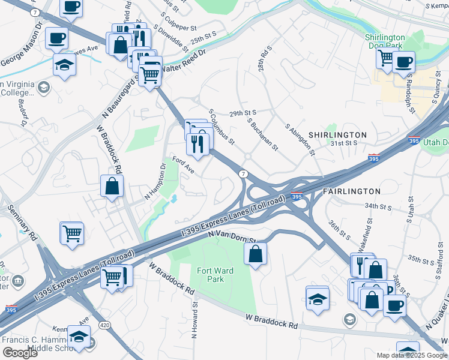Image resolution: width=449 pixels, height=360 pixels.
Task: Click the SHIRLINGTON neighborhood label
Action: (x=337, y=135)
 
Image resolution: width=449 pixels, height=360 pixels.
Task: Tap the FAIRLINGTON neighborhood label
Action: (x=351, y=191)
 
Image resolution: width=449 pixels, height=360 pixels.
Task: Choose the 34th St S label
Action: (x=378, y=206)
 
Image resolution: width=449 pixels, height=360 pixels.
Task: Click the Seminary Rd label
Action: (x=21, y=222)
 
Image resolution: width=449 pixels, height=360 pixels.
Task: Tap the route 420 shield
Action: (x=104, y=325)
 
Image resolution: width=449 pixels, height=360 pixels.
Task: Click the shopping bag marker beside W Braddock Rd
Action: (x=112, y=186)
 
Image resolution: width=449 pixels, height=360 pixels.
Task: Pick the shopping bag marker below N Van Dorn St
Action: (x=255, y=253)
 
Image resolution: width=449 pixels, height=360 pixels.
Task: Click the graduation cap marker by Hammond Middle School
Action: (x=79, y=337)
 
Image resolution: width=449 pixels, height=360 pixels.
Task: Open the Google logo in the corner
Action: (x=20, y=353)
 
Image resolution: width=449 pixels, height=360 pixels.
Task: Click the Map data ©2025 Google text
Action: (x=411, y=355)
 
